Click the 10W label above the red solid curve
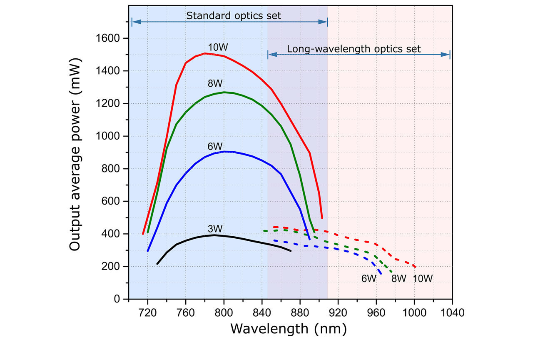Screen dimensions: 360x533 pyautogui.click(x=216, y=46)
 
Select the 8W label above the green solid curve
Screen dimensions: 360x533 pyautogui.click(x=215, y=84)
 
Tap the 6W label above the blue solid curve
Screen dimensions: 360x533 pyautogui.click(x=215, y=147)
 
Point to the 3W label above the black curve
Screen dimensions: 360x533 pyautogui.click(x=215, y=229)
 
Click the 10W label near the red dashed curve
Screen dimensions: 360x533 pyautogui.click(x=423, y=278)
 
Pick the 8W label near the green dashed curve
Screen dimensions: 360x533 pyautogui.click(x=399, y=278)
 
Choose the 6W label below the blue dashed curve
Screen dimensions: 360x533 pyautogui.click(x=369, y=278)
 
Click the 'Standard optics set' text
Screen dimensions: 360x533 pyautogui.click(x=234, y=16)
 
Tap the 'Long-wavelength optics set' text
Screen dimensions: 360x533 pyautogui.click(x=354, y=49)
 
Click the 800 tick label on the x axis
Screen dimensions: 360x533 pyautogui.click(x=224, y=312)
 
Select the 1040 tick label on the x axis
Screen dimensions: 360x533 pyautogui.click(x=452, y=312)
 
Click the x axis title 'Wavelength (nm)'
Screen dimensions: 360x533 pyautogui.click(x=288, y=329)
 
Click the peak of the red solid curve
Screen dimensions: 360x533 pyautogui.click(x=205, y=53)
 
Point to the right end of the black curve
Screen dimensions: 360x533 pyautogui.click(x=291, y=251)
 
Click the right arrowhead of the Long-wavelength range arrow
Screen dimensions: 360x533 pyautogui.click(x=448, y=55)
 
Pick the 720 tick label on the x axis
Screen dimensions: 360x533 pyautogui.click(x=148, y=312)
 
